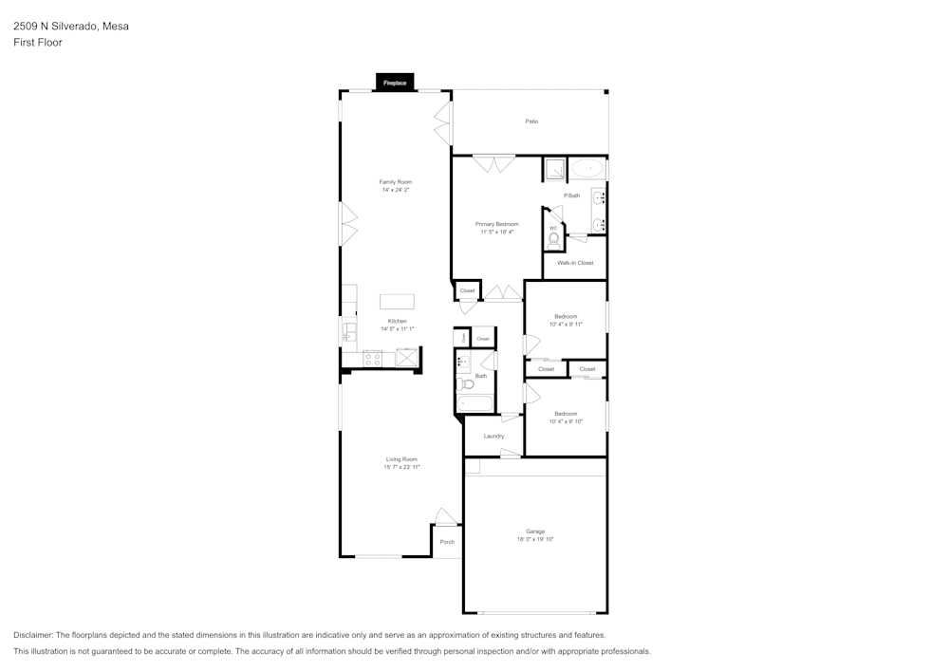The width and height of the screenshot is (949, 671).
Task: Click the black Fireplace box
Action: coord(395,83)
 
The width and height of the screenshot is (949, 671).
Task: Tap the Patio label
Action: coord(531,121)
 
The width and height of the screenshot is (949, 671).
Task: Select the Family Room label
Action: coord(396,181)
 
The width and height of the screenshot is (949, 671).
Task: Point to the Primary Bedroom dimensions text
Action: coord(496,232)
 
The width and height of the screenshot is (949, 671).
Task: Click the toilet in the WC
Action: coord(553,239)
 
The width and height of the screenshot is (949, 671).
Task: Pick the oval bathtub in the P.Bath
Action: coord(587,169)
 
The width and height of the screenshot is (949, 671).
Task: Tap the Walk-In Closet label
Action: coord(575,263)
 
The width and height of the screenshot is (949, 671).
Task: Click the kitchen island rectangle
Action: coord(397,302)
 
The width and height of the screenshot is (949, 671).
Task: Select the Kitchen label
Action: coord(397,321)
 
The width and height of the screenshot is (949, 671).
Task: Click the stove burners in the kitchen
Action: coord(373,358)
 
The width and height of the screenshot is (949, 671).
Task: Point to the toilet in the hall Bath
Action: coord(466,384)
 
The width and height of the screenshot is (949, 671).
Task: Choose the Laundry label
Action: coord(493,436)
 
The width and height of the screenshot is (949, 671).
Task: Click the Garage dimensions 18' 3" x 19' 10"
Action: coord(535,539)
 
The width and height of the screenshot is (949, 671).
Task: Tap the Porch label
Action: coord(447,542)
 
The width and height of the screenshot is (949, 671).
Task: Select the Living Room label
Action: coord(401,459)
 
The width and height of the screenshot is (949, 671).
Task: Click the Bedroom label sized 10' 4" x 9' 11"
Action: coord(566,316)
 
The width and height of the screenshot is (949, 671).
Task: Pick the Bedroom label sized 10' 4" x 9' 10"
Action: coord(566,414)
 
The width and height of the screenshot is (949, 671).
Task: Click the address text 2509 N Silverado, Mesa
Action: coord(71,27)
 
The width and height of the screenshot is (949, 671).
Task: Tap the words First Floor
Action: coord(38,43)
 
